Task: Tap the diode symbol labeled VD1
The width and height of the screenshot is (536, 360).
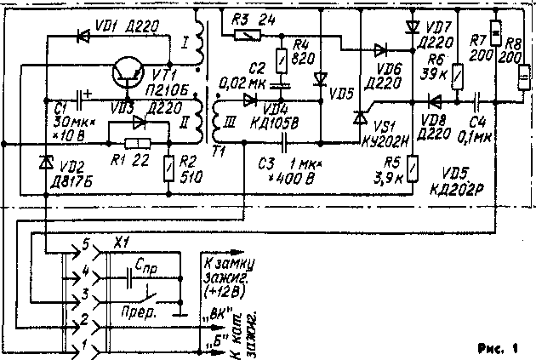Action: coord(84,37)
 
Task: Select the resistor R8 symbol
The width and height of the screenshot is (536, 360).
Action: coord(519,80)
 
